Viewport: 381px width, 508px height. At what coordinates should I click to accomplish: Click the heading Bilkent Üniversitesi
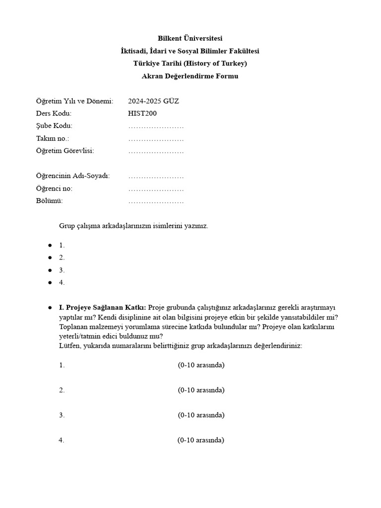pos(190,38)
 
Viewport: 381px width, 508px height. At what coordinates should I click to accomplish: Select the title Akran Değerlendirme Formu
pos(190,76)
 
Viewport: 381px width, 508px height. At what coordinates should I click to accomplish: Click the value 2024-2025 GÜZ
pos(153,101)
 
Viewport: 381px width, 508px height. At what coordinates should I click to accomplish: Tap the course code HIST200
pos(142,114)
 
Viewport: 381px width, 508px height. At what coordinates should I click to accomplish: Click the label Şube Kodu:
pos(54,126)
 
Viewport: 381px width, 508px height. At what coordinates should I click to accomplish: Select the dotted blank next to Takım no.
pos(156,138)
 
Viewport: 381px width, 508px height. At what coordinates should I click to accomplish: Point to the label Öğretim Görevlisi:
pos(65,151)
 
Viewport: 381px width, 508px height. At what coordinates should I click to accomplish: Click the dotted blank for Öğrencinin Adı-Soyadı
pos(156,176)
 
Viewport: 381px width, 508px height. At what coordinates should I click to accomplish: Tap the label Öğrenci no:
pos(54,189)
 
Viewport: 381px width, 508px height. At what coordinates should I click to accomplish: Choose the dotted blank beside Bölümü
pos(156,201)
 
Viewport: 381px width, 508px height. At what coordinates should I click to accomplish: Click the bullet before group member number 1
pos(50,245)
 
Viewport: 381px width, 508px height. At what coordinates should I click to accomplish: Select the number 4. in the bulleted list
pos(62,283)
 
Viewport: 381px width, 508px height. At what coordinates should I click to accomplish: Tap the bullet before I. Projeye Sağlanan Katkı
pos(50,308)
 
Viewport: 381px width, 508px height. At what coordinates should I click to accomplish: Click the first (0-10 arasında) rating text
pos(201,365)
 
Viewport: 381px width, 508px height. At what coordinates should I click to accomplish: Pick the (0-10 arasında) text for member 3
pos(201,415)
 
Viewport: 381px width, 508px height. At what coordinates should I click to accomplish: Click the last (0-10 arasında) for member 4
pos(200,440)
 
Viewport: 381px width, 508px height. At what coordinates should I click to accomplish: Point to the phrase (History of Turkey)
pos(216,63)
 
